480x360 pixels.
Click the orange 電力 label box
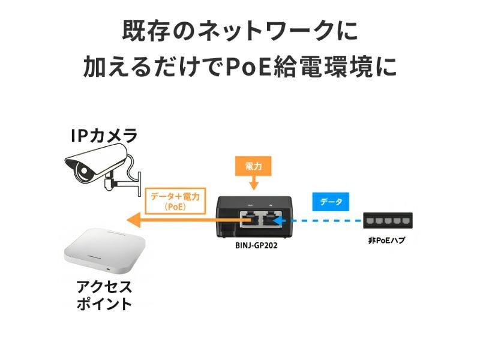254,164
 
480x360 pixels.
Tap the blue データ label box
331,202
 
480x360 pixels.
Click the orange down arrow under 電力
254,183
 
